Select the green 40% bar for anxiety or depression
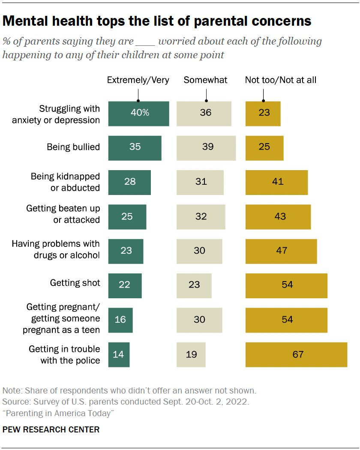(x=138, y=114)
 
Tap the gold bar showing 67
(x=296, y=354)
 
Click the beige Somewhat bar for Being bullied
(x=206, y=148)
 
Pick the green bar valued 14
(x=119, y=354)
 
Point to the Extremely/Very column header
(x=138, y=80)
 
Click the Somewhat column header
(x=206, y=80)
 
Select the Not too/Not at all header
(x=281, y=80)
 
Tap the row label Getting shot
(x=75, y=283)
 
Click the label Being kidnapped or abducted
(x=65, y=182)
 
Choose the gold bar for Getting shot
(x=286, y=285)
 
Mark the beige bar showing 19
(x=191, y=354)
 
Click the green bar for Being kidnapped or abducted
(x=129, y=182)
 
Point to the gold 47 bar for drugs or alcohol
(x=281, y=251)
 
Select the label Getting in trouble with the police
(x=64, y=354)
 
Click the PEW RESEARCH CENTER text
(x=51, y=429)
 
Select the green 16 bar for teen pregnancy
(x=120, y=320)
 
